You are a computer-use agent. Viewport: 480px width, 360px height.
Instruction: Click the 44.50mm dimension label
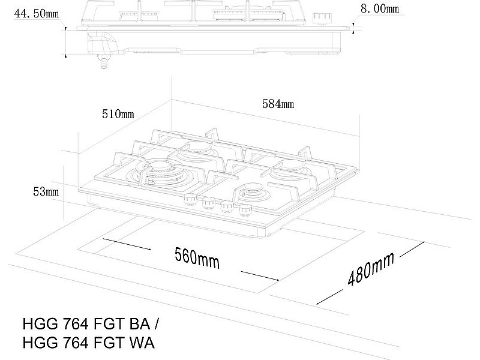click(x=37, y=13)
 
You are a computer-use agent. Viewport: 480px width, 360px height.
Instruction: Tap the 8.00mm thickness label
click(x=380, y=8)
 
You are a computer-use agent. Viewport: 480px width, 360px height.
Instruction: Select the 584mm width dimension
click(x=278, y=104)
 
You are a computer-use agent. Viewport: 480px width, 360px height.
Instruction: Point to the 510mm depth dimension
click(x=118, y=114)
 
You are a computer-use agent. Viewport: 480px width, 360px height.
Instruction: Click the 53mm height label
click(x=46, y=191)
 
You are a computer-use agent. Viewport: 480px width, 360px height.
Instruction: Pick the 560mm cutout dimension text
click(x=197, y=258)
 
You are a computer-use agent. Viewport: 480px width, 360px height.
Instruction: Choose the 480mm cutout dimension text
click(x=371, y=269)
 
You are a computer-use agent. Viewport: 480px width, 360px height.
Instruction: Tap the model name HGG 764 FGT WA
click(x=89, y=342)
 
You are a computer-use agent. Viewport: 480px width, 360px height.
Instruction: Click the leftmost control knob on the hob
click(x=190, y=199)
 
